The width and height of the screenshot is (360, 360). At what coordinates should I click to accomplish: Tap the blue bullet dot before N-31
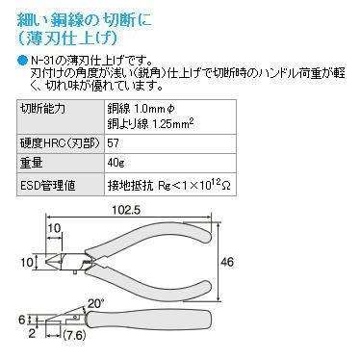(x=23, y=60)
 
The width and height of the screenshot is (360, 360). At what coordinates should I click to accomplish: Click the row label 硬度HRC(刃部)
(x=57, y=141)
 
